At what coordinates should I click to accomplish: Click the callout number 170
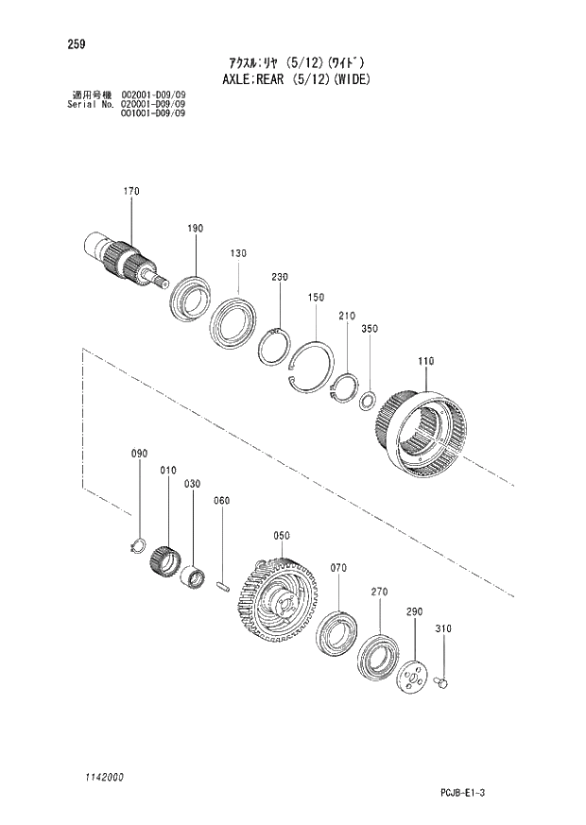130,191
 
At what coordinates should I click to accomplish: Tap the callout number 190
195,228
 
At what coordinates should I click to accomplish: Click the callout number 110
426,360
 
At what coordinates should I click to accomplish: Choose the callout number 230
279,277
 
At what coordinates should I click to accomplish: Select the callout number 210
346,316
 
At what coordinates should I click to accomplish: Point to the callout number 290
414,612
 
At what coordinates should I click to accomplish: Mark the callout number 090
139,455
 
